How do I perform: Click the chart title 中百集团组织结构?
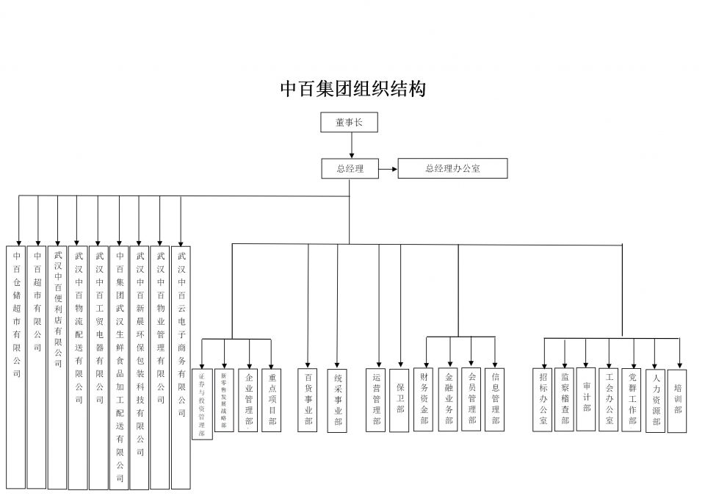[352, 90]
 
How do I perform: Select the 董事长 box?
[350, 122]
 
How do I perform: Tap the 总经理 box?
[351, 168]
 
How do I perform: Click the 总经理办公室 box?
[452, 168]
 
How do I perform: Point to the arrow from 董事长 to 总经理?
[351, 146]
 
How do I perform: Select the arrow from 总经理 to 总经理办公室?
[388, 168]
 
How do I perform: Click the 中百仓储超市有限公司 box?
[16, 367]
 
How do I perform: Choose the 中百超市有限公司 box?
[37, 367]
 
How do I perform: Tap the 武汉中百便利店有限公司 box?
[57, 367]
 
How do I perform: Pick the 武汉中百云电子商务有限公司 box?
[181, 367]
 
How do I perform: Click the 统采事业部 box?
[337, 400]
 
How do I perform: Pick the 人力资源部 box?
[655, 401]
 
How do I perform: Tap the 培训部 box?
[677, 401]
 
